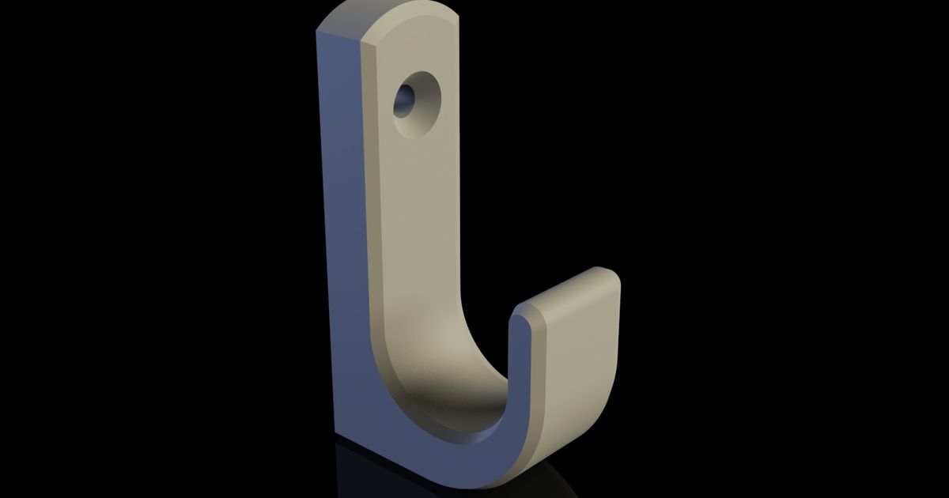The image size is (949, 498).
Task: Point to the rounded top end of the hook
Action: [x=411, y=12]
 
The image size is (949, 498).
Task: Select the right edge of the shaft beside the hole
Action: [x=457, y=103]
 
